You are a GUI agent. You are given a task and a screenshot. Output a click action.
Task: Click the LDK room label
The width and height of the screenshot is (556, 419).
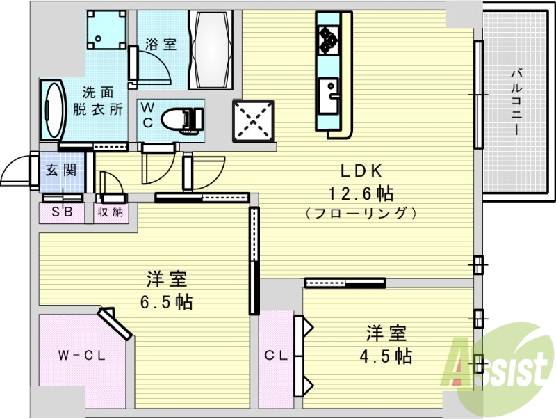tap(361, 171)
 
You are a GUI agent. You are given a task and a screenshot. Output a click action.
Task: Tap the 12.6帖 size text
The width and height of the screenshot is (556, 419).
tap(361, 191)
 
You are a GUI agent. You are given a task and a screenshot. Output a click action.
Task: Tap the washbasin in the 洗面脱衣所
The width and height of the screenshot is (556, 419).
tap(53, 111)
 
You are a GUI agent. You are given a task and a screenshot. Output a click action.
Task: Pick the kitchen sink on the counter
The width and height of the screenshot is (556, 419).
tap(328, 93)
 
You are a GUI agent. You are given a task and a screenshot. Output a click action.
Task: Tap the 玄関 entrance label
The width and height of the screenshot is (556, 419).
tap(61, 170)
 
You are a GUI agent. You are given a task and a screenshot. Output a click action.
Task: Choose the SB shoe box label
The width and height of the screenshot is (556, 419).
tap(61, 212)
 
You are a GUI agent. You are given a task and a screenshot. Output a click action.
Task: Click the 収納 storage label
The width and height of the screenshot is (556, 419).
tap(110, 212)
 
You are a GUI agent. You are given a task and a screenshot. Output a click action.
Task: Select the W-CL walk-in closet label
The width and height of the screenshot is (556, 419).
tap(81, 356)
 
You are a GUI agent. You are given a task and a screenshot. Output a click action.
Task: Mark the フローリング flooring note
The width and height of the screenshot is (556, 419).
tap(361, 212)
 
